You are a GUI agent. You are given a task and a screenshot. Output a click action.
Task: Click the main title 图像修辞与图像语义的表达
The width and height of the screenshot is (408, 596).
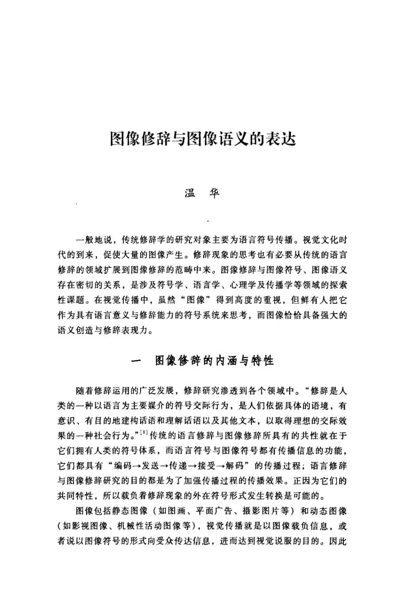(x=204, y=138)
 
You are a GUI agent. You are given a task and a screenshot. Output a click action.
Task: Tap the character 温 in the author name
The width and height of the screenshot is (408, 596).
(x=190, y=194)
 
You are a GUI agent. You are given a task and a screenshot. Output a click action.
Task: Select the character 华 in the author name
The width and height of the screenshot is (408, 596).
(x=215, y=194)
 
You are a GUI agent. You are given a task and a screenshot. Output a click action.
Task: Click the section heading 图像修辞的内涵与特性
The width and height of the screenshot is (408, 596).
(x=215, y=361)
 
